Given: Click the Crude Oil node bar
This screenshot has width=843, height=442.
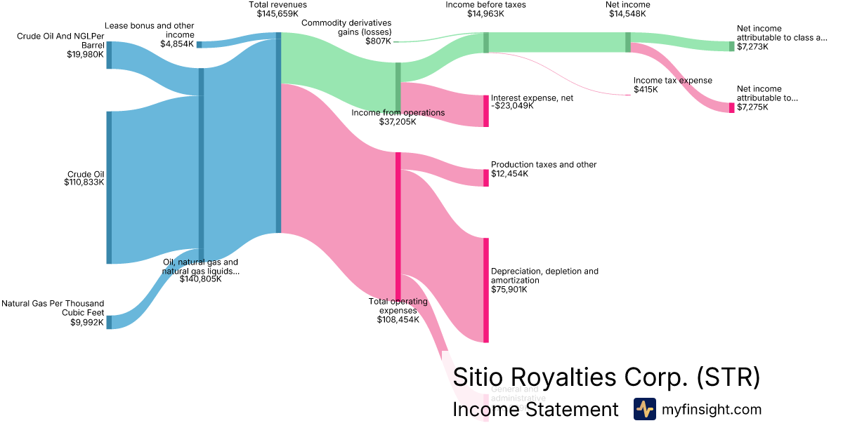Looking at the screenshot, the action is tap(109, 187).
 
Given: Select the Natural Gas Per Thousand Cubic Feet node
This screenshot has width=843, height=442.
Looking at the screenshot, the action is tap(109, 322).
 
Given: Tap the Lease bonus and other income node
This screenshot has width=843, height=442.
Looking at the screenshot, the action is tap(199, 45).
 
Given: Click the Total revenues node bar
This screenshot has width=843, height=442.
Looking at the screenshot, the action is tap(278, 133).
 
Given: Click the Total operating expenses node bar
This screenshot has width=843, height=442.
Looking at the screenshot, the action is tap(398, 226).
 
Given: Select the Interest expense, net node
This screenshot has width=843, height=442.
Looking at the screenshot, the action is tap(485, 111).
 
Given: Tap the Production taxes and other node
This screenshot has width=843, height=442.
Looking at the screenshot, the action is tap(485, 178).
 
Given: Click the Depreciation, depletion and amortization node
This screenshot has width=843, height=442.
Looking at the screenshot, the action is tap(485, 290).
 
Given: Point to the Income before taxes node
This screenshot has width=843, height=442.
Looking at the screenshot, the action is tap(485, 42).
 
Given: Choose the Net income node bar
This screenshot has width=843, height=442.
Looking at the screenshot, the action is tap(628, 42).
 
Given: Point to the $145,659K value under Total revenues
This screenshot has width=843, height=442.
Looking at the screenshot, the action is tap(277, 13).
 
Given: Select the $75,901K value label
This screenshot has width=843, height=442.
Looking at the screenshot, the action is tap(509, 289).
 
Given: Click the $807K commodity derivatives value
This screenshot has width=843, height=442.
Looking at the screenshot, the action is tap(378, 41).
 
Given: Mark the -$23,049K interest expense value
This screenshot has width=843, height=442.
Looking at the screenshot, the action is tap(512, 107).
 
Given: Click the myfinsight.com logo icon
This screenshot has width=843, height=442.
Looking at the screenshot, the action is tap(644, 409).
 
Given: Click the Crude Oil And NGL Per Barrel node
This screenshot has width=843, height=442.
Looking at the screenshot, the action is tap(109, 55).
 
